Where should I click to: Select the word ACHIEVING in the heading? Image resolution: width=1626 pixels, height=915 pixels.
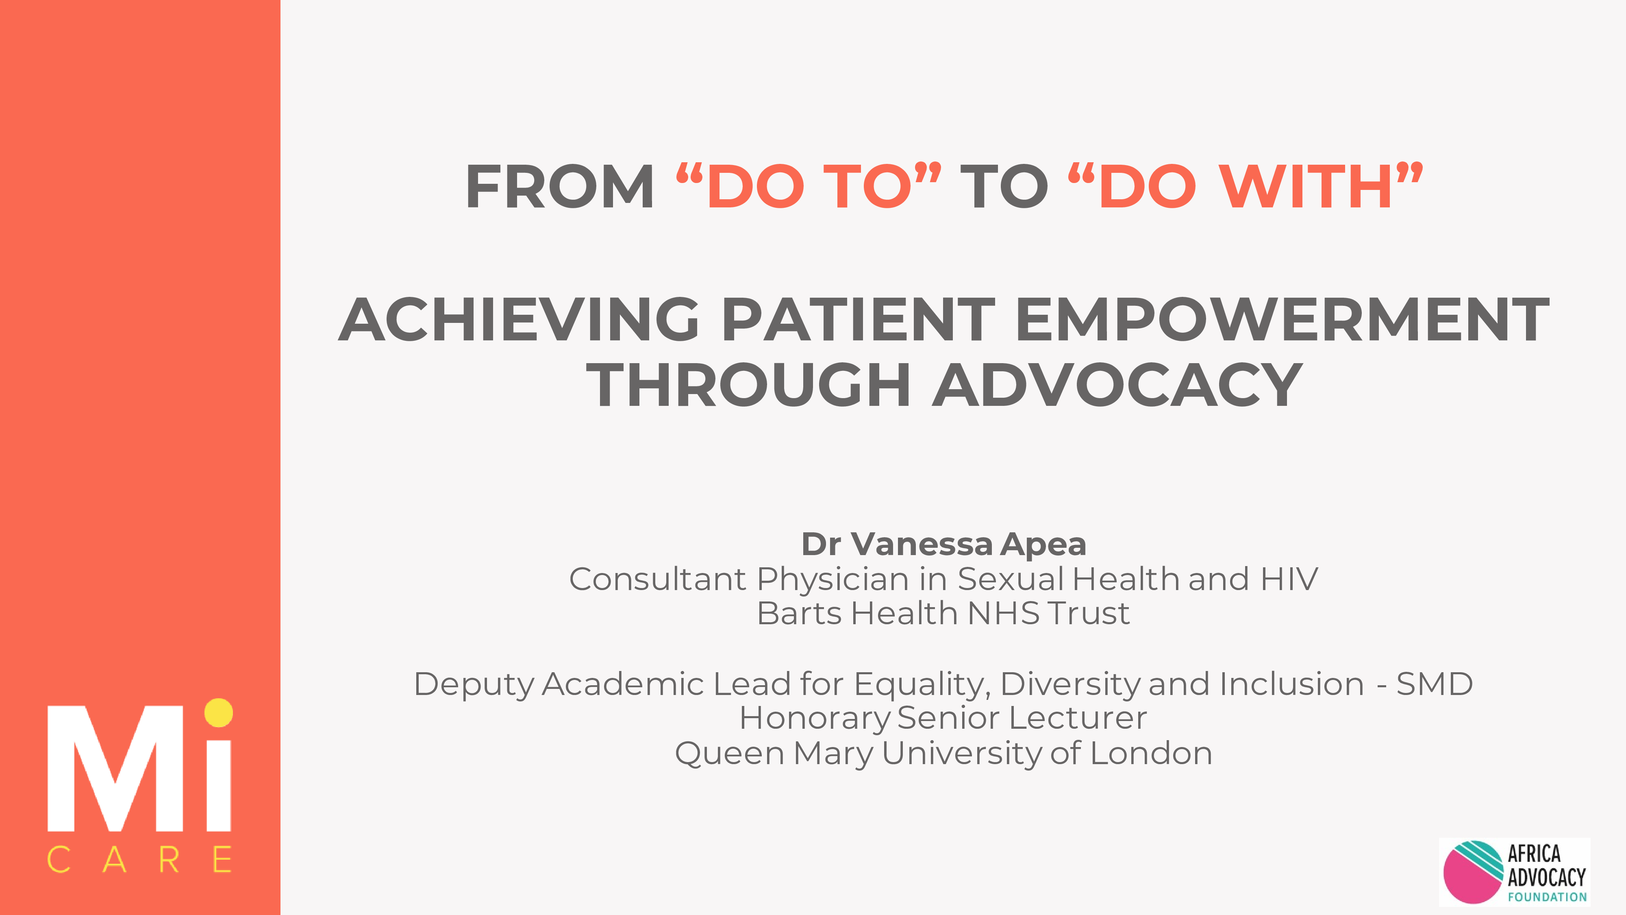tap(519, 320)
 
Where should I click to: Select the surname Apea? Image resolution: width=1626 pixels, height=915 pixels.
tap(1043, 545)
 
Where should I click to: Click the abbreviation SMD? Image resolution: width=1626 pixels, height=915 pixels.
tap(1435, 684)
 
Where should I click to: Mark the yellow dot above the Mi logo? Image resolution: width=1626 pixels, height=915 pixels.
tap(218, 713)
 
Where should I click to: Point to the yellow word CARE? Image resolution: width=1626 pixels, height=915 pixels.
tap(139, 859)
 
